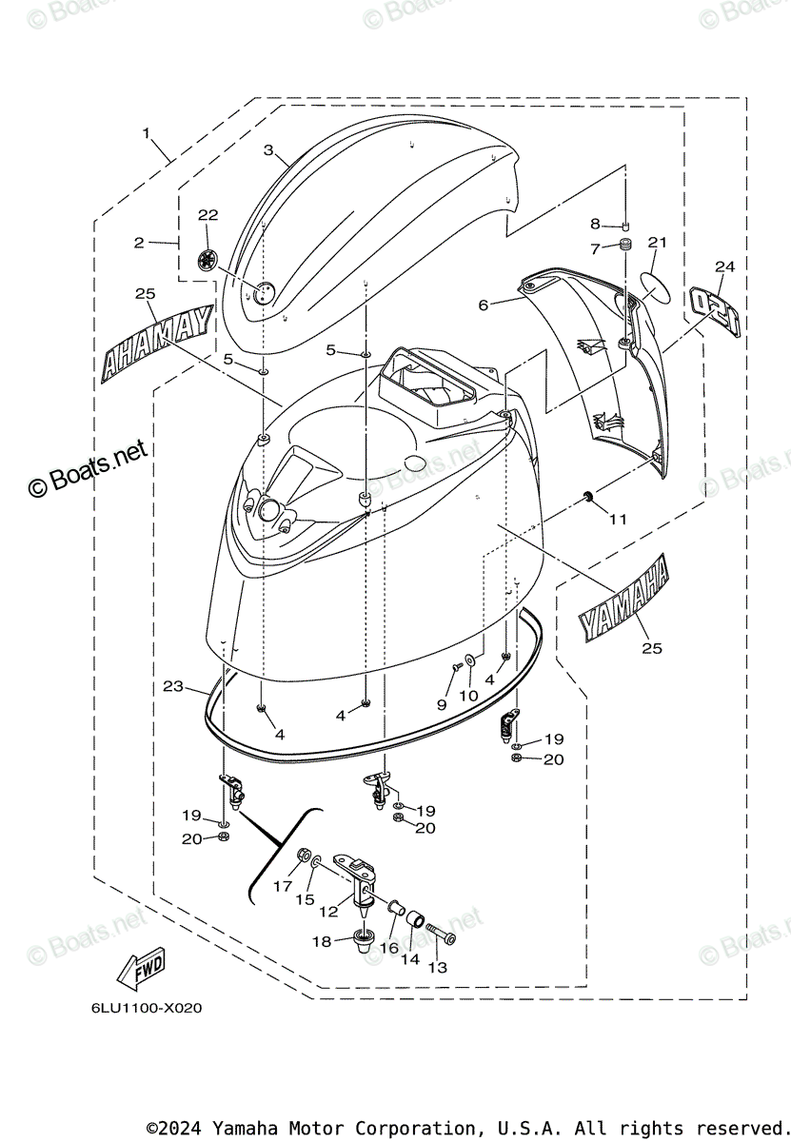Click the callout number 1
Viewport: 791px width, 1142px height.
[147, 134]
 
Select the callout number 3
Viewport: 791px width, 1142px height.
[268, 150]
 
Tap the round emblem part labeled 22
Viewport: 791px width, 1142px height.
[208, 258]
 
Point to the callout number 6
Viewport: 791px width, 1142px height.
[484, 305]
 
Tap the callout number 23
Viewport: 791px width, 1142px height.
[172, 685]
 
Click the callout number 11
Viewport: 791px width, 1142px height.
[619, 520]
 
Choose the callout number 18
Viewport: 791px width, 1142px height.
[322, 941]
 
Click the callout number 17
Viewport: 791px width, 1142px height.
[283, 886]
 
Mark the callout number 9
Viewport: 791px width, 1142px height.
[442, 704]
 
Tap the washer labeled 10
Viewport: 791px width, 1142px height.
[471, 660]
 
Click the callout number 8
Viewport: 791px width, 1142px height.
[595, 225]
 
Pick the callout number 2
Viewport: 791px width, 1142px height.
[139, 243]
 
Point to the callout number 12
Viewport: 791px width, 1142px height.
[328, 911]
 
